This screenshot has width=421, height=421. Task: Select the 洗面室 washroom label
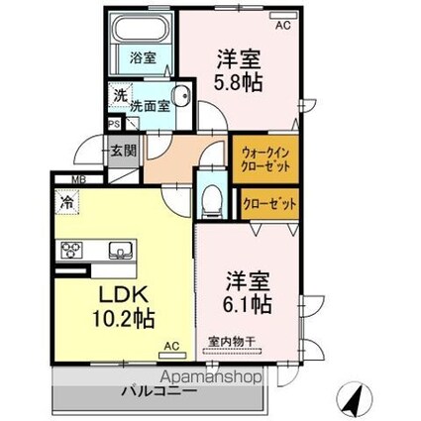(151, 100)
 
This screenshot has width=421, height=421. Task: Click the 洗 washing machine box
(119, 96)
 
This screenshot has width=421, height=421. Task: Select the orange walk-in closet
(263, 158)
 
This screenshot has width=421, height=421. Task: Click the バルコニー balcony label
(158, 391)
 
